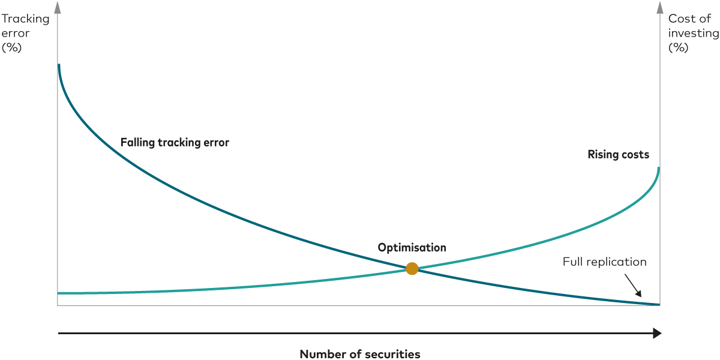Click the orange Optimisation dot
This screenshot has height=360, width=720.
[412, 268]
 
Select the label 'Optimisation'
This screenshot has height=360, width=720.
[412, 247]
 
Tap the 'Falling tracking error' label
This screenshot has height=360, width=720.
[175, 143]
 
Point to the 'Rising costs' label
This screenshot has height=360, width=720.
[618, 155]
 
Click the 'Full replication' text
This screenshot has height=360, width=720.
[604, 262]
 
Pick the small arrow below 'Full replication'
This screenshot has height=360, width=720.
[633, 286]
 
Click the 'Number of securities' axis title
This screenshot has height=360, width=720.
[359, 354]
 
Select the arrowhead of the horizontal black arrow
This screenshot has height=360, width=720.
[657, 333]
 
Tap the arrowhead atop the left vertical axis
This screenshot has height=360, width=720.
[58, 7]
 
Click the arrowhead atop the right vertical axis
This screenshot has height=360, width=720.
[660, 7]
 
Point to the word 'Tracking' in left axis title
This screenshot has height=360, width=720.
[25, 19]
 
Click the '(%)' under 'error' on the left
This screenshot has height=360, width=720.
[11, 47]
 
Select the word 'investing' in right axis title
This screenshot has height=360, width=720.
[693, 33]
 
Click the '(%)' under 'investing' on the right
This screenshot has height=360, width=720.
[678, 47]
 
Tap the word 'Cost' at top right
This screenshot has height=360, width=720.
[681, 19]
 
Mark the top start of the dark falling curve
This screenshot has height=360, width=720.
[58, 65]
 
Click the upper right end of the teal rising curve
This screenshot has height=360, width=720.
[659, 169]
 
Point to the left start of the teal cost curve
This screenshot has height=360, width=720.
[59, 293]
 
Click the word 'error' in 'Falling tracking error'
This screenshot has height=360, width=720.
[216, 143]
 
